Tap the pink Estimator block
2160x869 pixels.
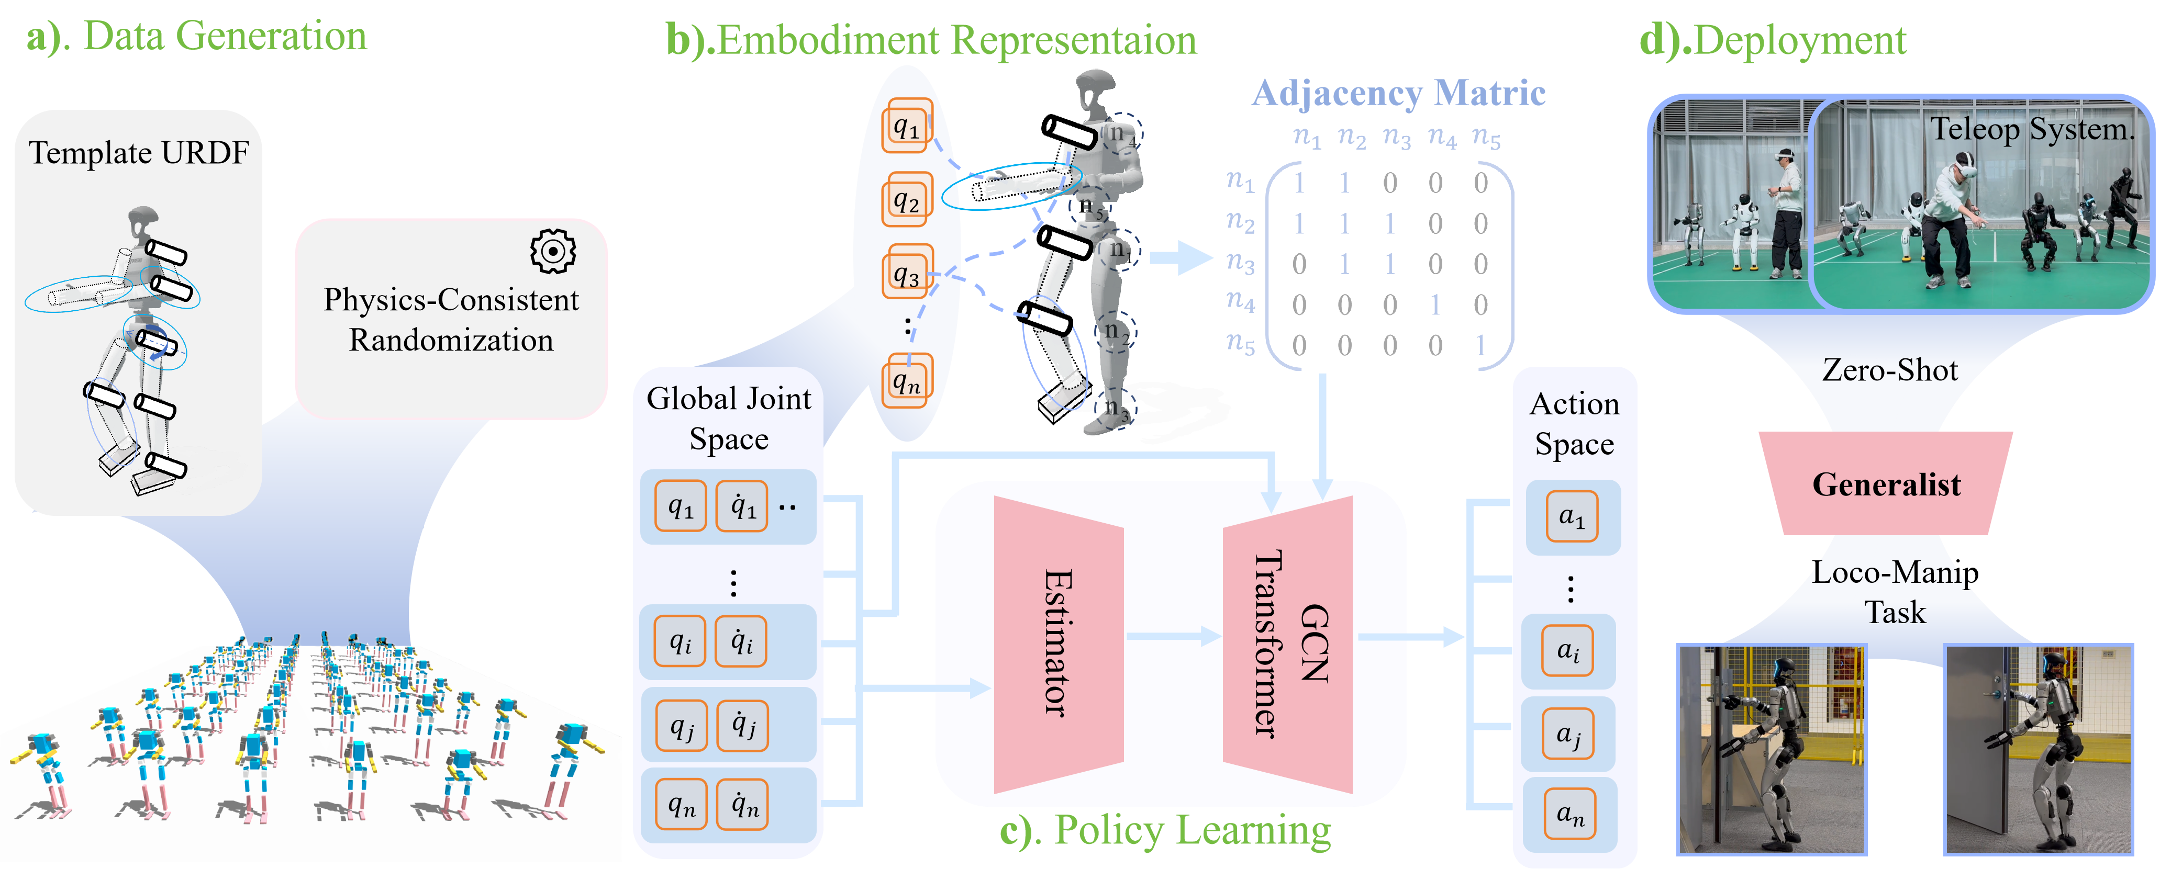1058,644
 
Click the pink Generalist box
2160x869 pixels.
1886,483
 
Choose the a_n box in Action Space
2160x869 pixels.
1569,814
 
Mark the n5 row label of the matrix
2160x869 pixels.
1240,343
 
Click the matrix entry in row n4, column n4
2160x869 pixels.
1435,304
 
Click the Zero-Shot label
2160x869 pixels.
1889,369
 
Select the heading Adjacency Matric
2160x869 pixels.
1398,93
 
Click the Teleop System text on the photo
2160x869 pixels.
2031,129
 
